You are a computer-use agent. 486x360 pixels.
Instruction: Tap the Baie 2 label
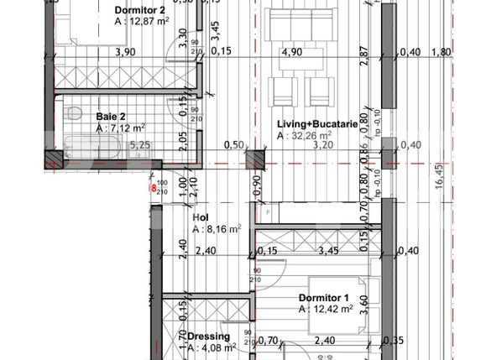(x=111, y=116)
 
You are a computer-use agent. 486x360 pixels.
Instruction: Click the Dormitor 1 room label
(x=323, y=298)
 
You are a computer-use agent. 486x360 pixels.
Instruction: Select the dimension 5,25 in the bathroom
(x=139, y=144)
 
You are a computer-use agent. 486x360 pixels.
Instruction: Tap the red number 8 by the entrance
(x=152, y=188)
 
